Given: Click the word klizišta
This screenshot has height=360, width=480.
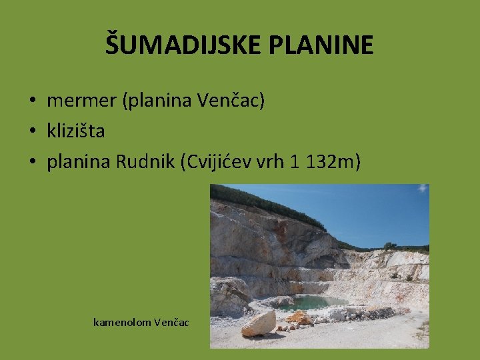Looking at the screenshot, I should tap(75, 131).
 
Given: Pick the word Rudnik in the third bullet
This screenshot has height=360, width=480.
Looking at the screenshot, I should tap(145, 161).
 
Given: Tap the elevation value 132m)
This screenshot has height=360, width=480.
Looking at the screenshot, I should tap(333, 161).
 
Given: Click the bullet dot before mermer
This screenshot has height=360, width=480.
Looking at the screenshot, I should tap(31, 101).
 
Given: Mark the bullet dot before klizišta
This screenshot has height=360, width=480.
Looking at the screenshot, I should tap(31, 131).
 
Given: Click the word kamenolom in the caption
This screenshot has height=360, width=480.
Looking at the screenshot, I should tap(122, 323).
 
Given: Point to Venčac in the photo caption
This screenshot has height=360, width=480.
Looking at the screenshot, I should tap(172, 323).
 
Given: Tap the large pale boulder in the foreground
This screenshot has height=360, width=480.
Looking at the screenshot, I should tap(259, 323).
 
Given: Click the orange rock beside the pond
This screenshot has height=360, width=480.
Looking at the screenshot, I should tap(299, 318).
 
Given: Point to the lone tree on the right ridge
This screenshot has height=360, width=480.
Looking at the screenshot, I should tap(389, 245).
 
